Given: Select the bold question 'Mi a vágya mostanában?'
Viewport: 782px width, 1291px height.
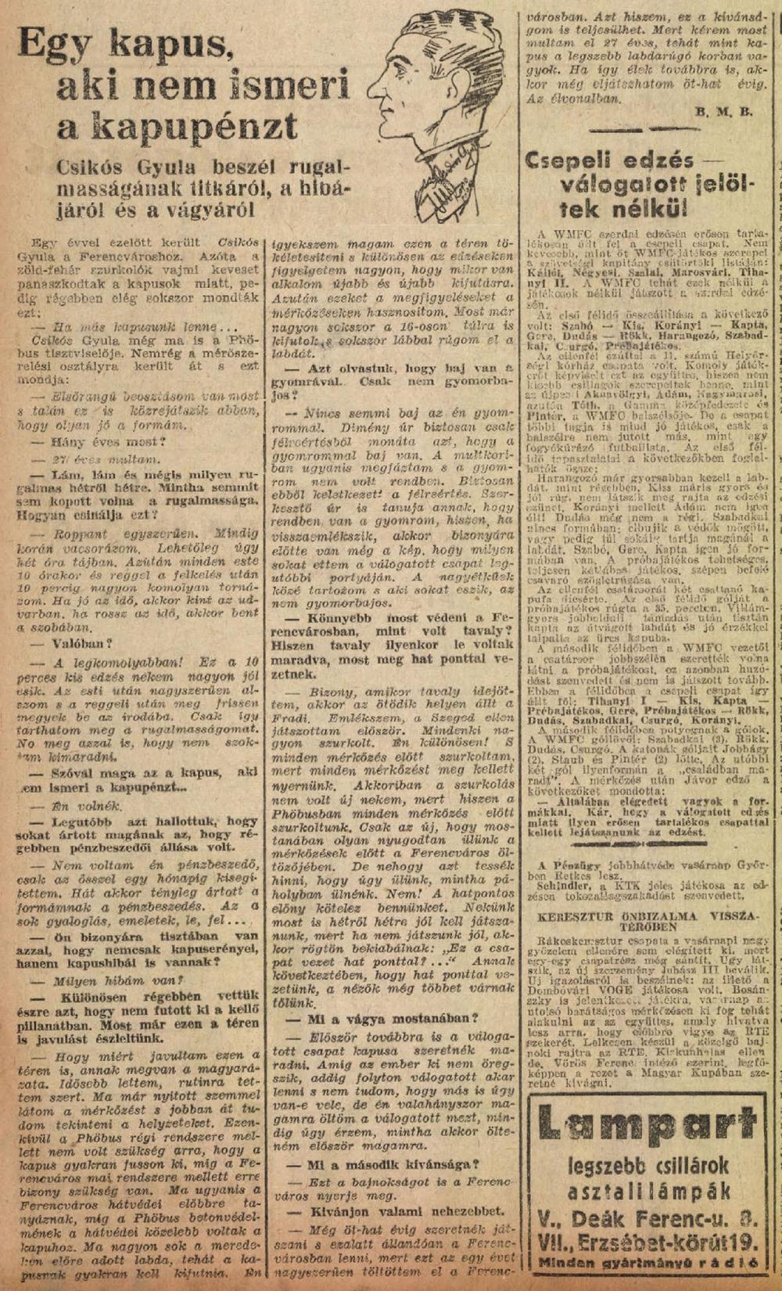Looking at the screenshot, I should point(382,1019).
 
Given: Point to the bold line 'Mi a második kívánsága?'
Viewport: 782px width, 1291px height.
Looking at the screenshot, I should point(382,1166).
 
